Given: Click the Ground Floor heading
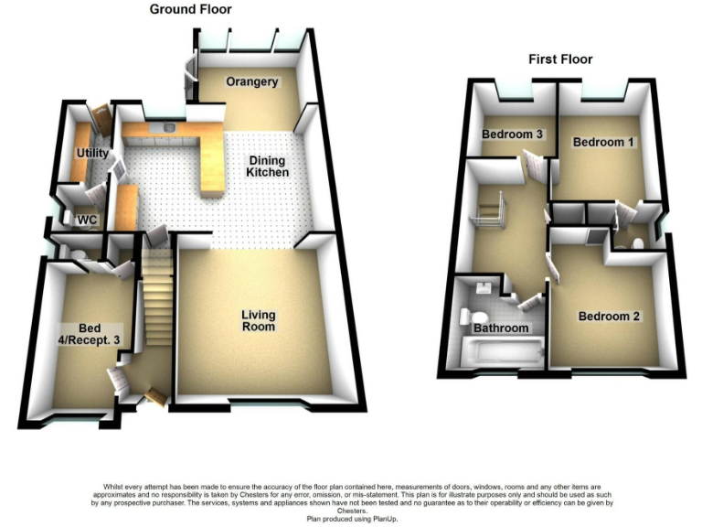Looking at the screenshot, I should (x=191, y=10).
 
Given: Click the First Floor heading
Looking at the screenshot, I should (x=560, y=59).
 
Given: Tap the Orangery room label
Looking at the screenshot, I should (x=252, y=82).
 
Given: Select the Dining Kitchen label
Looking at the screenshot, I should (x=269, y=166).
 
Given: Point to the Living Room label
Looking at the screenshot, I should (x=259, y=321).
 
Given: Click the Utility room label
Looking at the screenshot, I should (x=93, y=153).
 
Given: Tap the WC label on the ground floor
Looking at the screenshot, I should (x=88, y=220).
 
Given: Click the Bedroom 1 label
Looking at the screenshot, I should (x=602, y=143).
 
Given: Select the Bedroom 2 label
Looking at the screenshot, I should (x=609, y=317).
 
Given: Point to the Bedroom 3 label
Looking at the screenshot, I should (x=513, y=135).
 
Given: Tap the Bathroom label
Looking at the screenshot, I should (x=500, y=328).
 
